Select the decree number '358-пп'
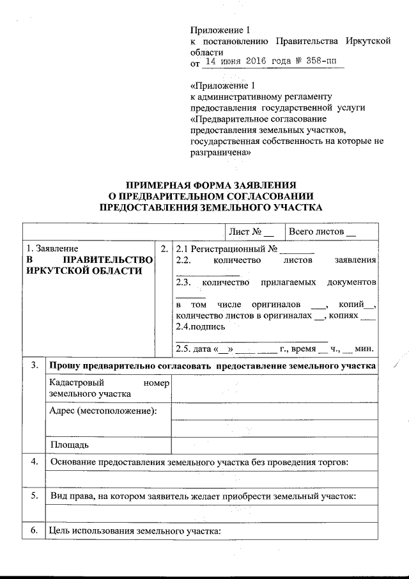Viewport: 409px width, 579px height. (x=323, y=63)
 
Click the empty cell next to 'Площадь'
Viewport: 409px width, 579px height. (x=275, y=443)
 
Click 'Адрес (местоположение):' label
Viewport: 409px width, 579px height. (x=103, y=409)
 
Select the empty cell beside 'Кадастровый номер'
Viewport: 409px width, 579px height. (x=275, y=388)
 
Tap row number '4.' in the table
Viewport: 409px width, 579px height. (x=33, y=461)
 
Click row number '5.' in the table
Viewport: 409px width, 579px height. (x=33, y=496)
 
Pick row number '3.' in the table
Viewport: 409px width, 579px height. (x=33, y=365)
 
